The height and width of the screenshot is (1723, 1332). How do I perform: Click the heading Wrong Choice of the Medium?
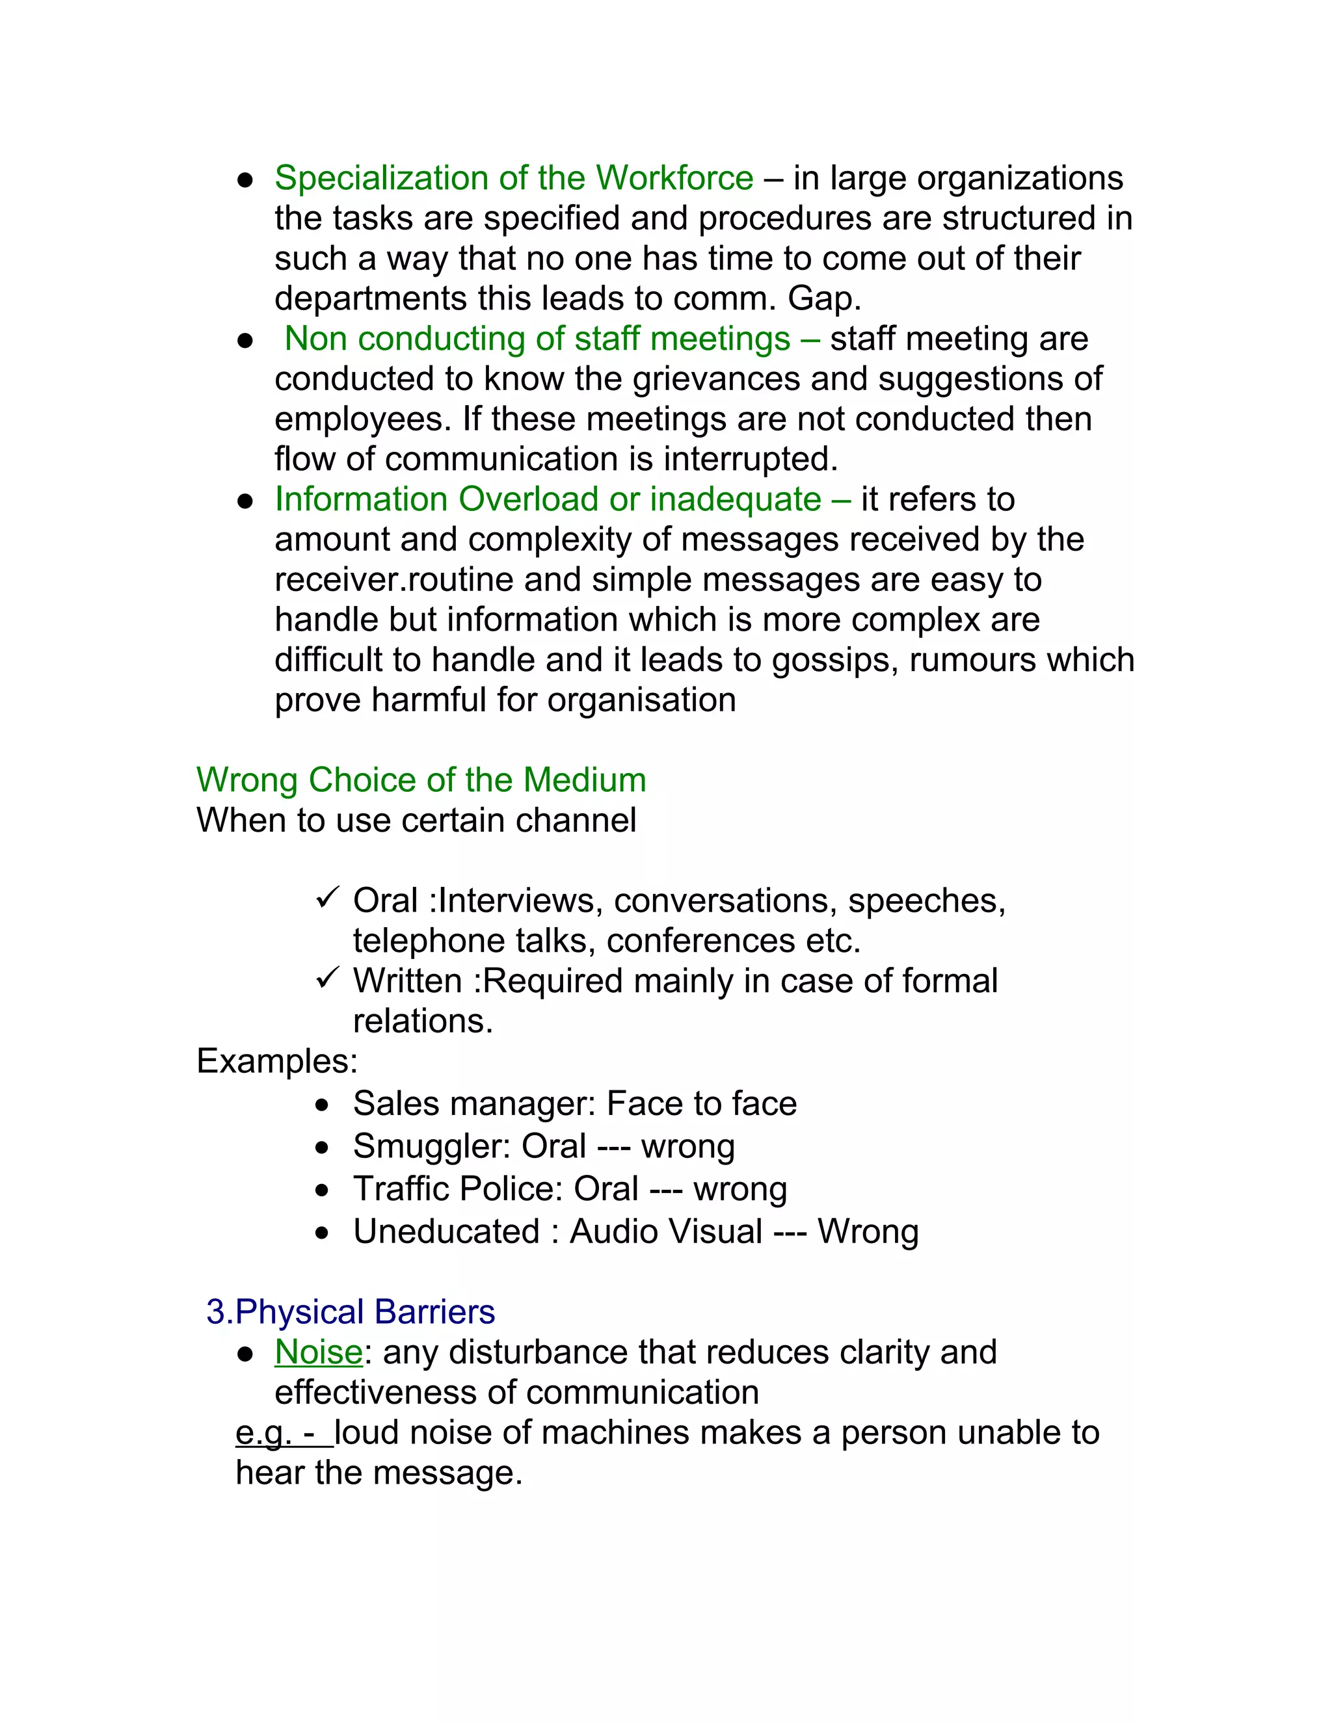(x=421, y=780)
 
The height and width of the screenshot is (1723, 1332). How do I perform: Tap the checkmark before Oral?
(x=326, y=898)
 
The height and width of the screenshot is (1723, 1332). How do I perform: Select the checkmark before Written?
(x=326, y=979)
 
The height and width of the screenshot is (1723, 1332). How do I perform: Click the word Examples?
(x=276, y=1061)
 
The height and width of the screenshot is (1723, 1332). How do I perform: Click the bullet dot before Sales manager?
(x=321, y=1106)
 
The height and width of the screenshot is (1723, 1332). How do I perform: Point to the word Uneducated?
(x=446, y=1232)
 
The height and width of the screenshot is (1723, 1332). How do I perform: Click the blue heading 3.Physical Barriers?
(x=351, y=1312)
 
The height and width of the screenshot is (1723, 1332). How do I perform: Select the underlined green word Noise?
(x=318, y=1352)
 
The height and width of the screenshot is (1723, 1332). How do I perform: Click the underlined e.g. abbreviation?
(x=263, y=1434)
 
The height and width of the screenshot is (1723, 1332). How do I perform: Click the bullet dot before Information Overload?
(x=245, y=501)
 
